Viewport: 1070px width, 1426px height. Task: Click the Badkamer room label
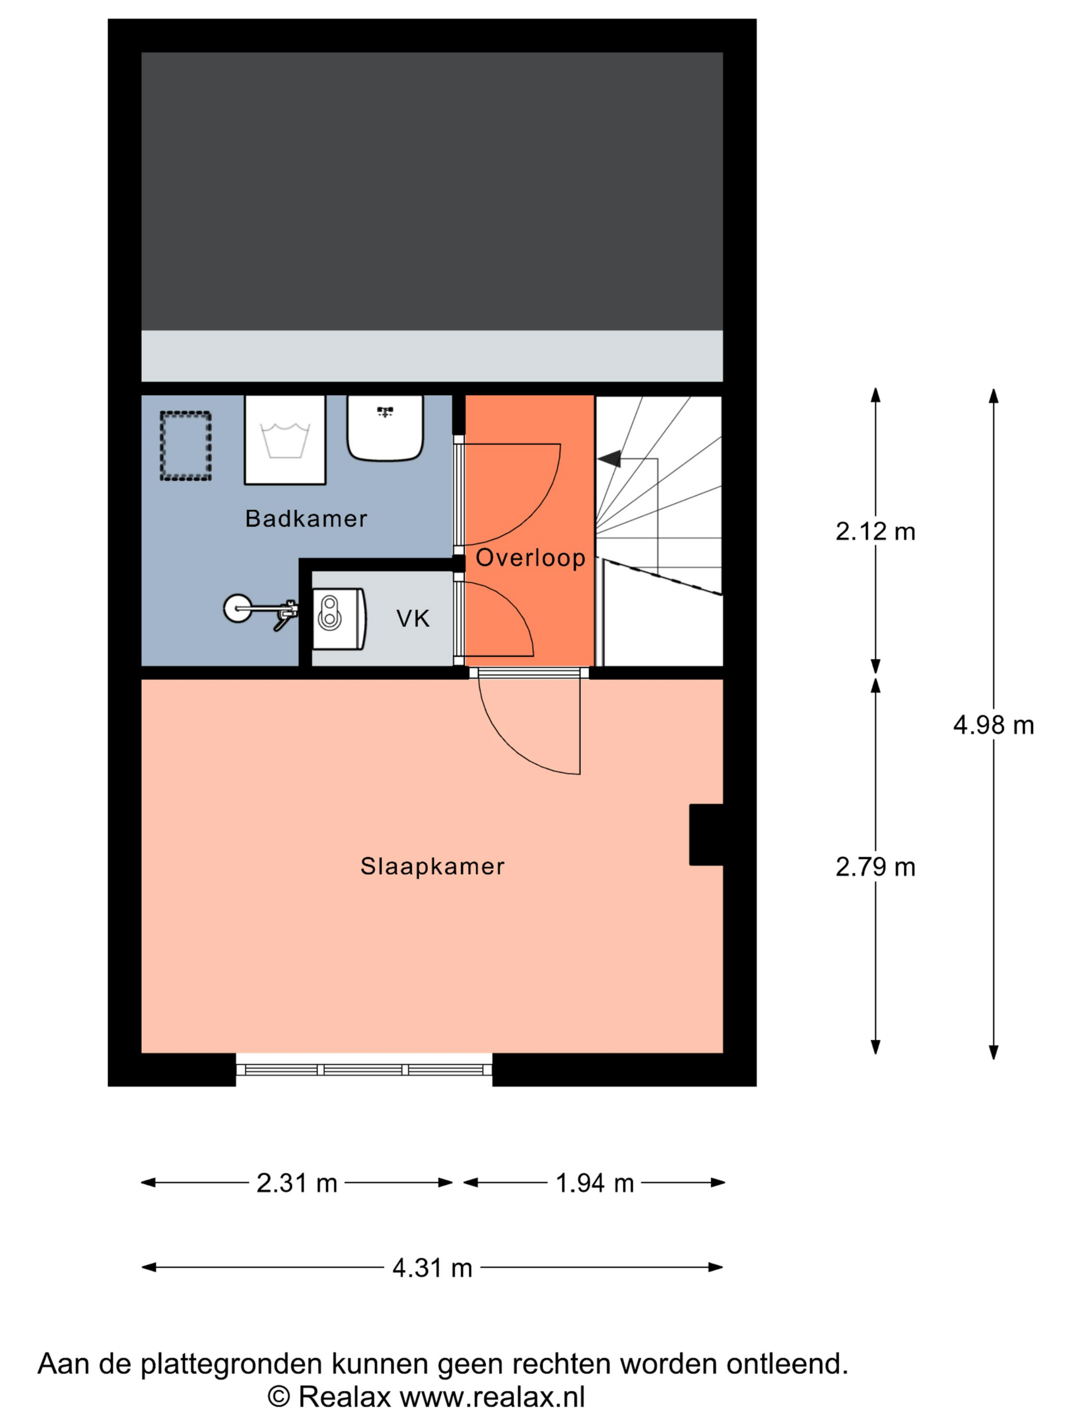tap(306, 518)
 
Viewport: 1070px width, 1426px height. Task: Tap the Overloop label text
tap(530, 558)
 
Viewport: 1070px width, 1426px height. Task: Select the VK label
tap(412, 619)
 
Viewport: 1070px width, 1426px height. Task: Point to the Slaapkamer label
tap(432, 866)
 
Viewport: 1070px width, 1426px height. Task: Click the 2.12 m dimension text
tap(875, 532)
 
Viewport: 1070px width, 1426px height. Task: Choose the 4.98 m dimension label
tap(993, 726)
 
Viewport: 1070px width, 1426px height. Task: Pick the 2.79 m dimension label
tap(875, 868)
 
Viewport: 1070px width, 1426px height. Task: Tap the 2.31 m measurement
tap(297, 1184)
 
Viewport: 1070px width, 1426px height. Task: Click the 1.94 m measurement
tap(595, 1184)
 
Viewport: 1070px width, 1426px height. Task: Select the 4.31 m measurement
tap(432, 1269)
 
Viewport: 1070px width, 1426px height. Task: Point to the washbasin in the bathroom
tap(385, 427)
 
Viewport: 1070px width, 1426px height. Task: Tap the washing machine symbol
tap(284, 440)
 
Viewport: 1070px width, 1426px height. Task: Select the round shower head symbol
tap(237, 608)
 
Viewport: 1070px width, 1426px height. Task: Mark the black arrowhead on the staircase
tap(609, 458)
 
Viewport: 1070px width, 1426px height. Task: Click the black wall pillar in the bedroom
tap(706, 834)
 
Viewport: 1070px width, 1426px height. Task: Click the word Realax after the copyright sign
tap(344, 1397)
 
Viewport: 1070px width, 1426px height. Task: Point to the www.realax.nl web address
tap(492, 1397)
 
